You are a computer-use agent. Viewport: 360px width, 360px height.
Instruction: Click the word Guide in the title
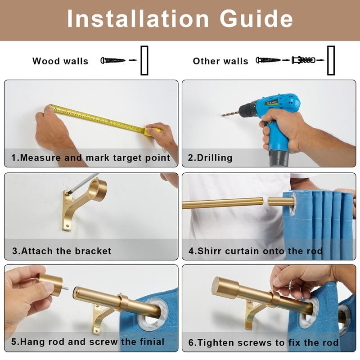click(x=256, y=19)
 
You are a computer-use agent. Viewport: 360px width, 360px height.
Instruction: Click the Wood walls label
click(x=60, y=61)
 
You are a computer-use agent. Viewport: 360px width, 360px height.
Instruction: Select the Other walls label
click(x=220, y=61)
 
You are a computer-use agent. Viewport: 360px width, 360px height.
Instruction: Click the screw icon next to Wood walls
click(x=113, y=60)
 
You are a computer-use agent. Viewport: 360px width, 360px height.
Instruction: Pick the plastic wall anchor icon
click(x=303, y=60)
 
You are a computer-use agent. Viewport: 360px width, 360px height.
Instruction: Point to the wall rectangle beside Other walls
click(x=331, y=60)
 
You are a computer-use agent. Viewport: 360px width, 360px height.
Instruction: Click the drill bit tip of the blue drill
click(x=222, y=115)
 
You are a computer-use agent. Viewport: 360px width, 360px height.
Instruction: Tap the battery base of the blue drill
click(x=279, y=158)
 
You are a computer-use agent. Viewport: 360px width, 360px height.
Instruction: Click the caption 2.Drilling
click(x=210, y=158)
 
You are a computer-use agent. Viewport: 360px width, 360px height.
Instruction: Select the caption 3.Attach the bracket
click(x=62, y=251)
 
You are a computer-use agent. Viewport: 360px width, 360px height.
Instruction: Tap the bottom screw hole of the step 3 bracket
click(x=67, y=226)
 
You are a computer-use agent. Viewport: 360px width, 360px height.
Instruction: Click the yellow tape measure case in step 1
click(x=153, y=132)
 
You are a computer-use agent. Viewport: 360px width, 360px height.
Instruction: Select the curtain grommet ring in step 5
click(x=153, y=314)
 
